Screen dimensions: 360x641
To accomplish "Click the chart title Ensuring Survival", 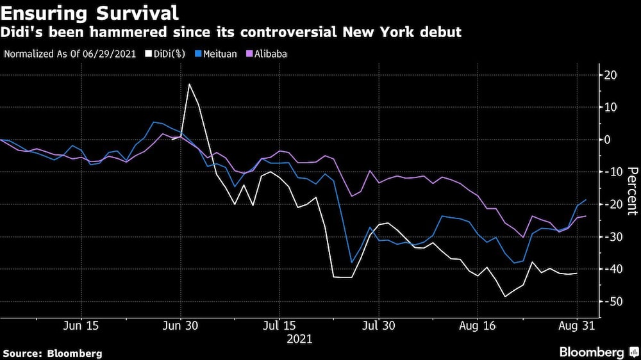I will tap(90, 12).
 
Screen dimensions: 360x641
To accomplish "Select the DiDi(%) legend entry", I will tap(165, 54).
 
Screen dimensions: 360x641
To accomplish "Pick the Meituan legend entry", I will tap(217, 54).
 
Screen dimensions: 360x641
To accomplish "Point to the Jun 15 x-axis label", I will tap(82, 326).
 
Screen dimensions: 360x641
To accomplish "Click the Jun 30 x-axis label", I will tap(181, 326).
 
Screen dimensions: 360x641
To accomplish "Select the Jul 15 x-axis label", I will tap(279, 326).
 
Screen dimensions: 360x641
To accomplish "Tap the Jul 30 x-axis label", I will tap(378, 326).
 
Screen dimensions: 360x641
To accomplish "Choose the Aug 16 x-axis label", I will tap(477, 326).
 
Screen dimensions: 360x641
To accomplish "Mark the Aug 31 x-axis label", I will tap(576, 326).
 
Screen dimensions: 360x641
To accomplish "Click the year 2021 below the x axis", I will tap(300, 339).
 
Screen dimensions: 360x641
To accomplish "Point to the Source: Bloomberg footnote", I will tap(53, 353).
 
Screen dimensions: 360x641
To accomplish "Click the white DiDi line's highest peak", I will tap(189, 84).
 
